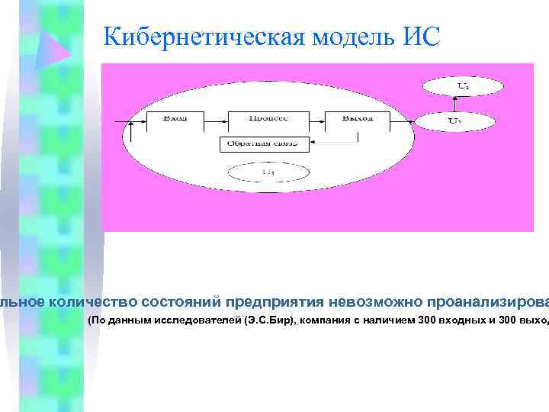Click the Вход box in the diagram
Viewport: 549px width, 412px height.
[x=175, y=119]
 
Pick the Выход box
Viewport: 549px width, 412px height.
[x=357, y=119]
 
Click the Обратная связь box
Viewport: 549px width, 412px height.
[x=264, y=143]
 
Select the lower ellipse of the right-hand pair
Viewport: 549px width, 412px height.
[x=454, y=120]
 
